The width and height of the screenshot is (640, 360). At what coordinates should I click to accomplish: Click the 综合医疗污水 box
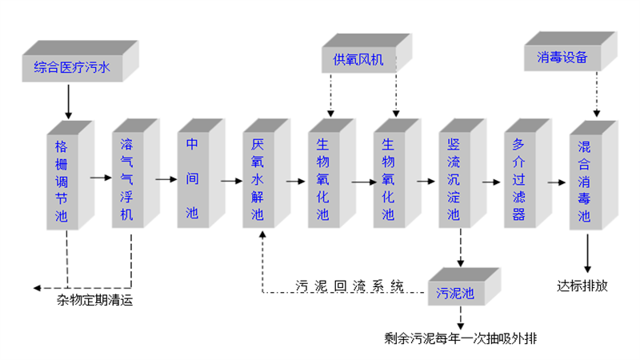(70, 67)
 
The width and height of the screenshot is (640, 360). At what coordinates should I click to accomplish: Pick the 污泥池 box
(457, 294)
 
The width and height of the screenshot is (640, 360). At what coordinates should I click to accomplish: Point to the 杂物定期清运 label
(94, 301)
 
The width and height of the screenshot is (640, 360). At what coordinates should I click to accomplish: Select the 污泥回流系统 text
(349, 286)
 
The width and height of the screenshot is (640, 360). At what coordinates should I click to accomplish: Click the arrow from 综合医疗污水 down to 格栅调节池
(67, 101)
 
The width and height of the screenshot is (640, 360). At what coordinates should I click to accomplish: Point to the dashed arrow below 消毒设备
(595, 100)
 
